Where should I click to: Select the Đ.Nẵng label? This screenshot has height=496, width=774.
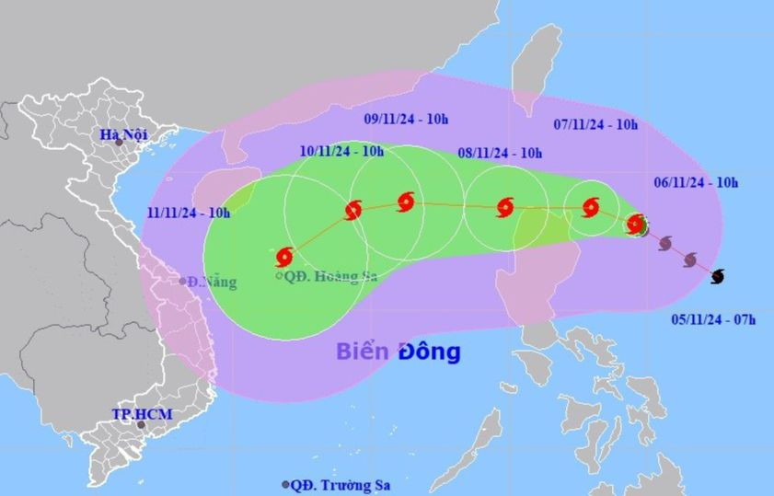tap(212, 282)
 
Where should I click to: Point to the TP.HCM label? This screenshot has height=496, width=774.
tap(136, 414)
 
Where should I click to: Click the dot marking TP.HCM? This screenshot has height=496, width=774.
tap(141, 424)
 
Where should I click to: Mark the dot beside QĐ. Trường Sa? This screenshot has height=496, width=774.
tap(287, 484)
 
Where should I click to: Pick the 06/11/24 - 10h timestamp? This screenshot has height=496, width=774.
tap(696, 183)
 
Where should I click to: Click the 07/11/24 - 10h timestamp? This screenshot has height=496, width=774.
tap(595, 124)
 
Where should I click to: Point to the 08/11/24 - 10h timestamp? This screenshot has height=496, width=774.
tap(500, 153)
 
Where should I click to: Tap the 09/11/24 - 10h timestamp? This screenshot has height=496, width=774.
tap(406, 119)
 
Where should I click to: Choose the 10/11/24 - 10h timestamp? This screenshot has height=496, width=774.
tap(341, 151)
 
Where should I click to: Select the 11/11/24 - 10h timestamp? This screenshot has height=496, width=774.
tap(188, 213)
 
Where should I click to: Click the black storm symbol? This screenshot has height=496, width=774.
tap(718, 275)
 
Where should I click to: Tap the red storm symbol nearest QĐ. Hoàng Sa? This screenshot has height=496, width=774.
tap(284, 256)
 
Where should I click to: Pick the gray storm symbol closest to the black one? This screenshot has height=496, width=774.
tap(690, 260)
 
